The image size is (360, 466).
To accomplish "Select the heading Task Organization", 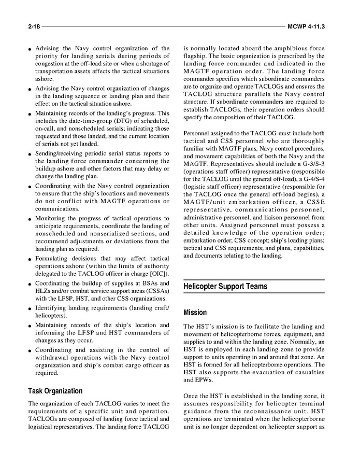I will pyautogui.click(x=55, y=391).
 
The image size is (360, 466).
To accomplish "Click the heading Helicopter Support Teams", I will pyautogui.click(x=226, y=286).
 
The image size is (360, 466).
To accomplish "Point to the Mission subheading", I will pyautogui.click(x=195, y=313).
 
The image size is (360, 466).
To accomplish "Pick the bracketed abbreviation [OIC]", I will pyautogui.click(x=159, y=274).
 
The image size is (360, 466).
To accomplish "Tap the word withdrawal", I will pyautogui.click(x=55, y=357).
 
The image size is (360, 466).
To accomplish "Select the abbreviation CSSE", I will pyautogui.click(x=314, y=202).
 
